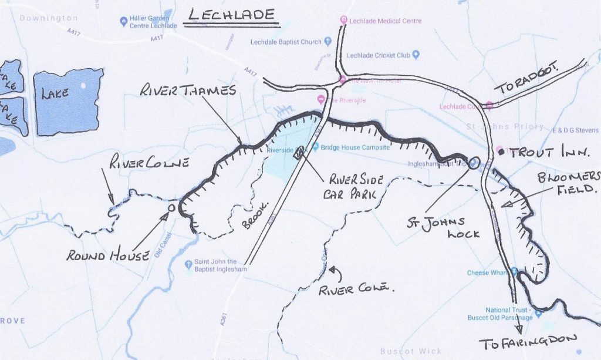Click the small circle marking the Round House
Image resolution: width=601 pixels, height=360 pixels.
point(171,208)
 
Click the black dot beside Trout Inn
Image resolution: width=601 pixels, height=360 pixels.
point(501,152)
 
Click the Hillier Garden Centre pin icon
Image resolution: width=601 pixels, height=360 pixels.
point(123,22)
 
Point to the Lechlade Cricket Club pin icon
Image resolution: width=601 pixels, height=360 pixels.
point(416,55)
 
